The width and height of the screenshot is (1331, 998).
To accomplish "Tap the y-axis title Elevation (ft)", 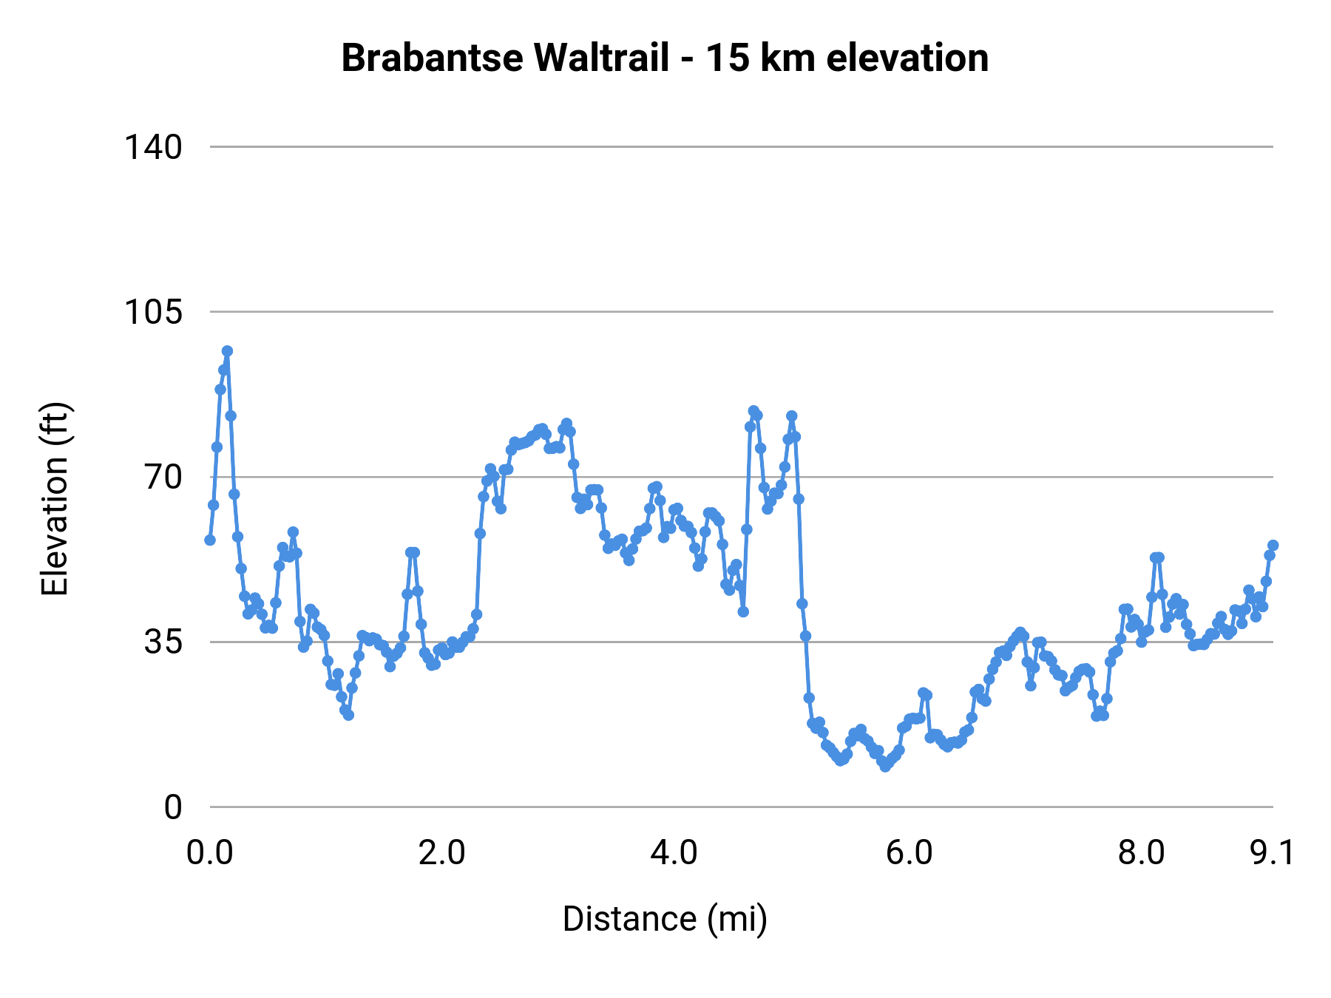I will [55, 499].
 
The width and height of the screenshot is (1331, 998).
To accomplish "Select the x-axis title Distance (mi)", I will [665, 919].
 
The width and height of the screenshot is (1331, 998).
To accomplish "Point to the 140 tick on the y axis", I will [152, 147].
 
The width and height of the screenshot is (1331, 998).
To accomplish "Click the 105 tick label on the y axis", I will [152, 312].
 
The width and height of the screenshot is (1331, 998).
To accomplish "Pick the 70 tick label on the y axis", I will [163, 477].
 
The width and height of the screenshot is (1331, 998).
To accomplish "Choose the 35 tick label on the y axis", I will [163, 642].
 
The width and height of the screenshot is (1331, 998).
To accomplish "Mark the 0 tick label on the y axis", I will [173, 807].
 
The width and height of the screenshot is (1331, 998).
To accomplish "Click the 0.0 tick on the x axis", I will [210, 852].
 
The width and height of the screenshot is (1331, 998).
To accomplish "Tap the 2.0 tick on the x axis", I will [441, 852].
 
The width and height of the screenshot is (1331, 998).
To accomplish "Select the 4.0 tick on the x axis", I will [674, 852].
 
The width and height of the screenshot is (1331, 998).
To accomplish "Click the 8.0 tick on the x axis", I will [1141, 852].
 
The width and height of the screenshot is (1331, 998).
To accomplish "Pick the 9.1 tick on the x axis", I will [1272, 852].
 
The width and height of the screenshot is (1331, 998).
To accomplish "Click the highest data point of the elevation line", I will [227, 351].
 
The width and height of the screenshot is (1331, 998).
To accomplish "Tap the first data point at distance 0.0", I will [210, 540].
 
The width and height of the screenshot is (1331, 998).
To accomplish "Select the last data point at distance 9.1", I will [1273, 546].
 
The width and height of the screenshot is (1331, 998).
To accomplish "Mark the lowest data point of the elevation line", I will [884, 767].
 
